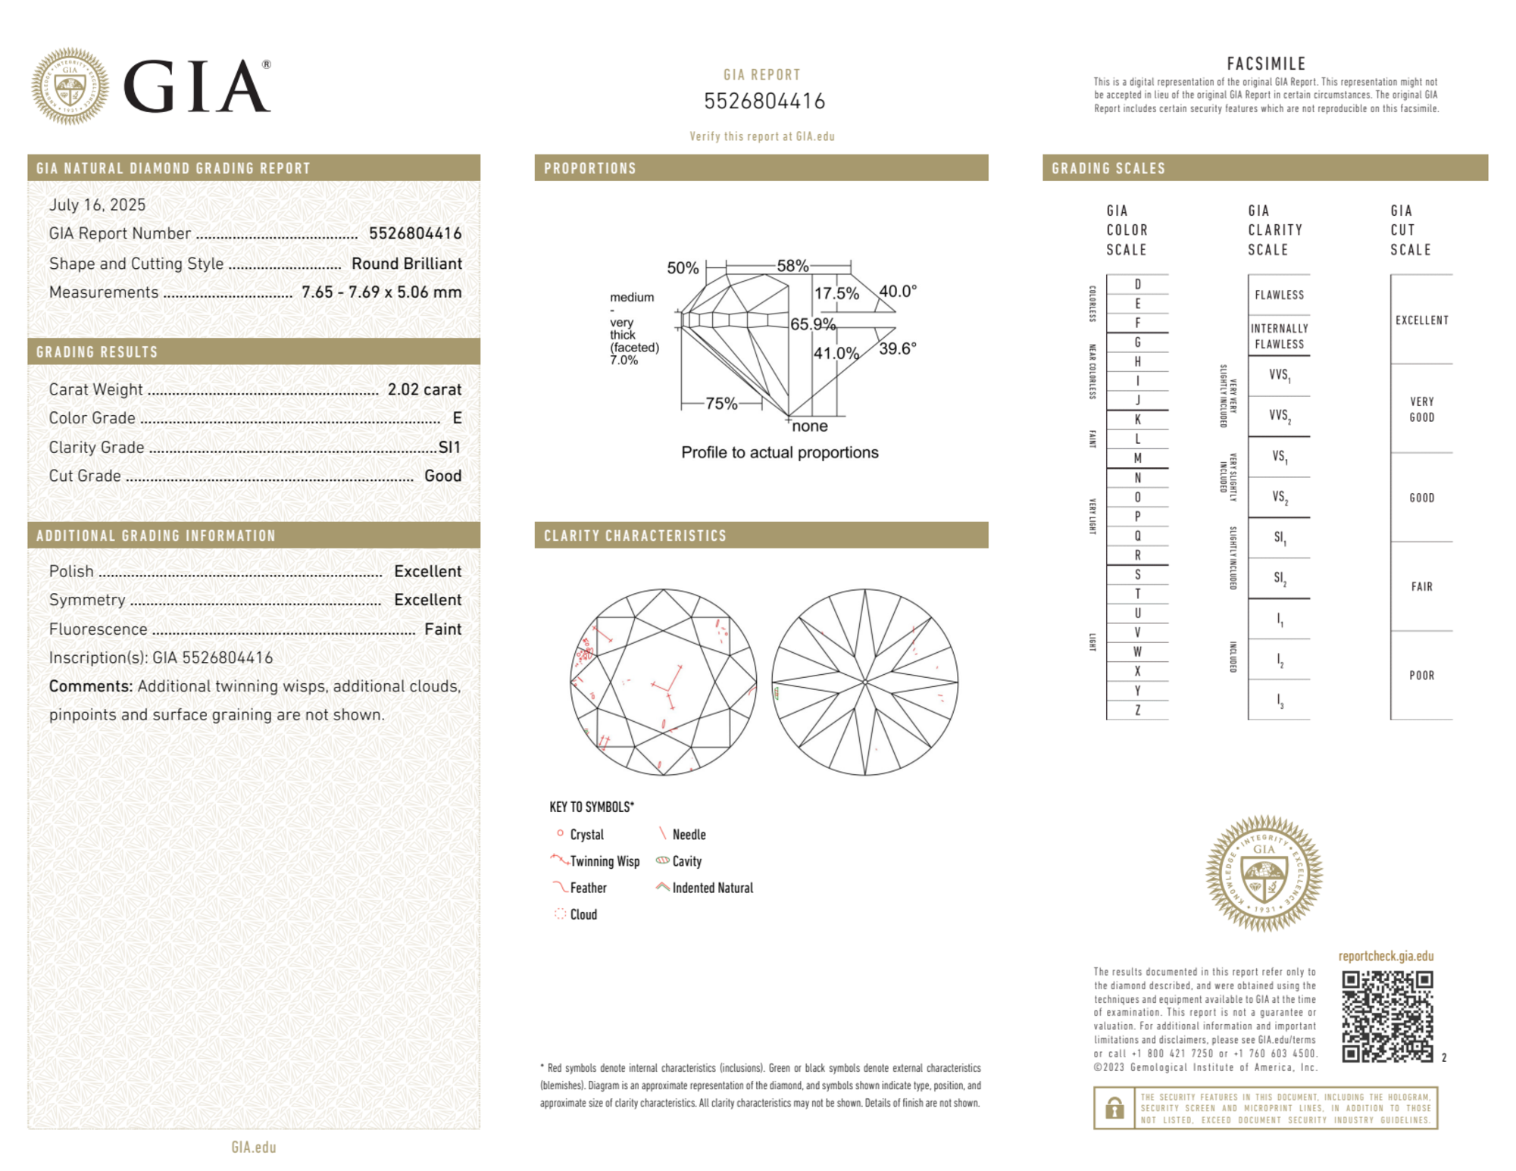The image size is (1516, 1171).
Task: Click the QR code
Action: point(1386,1016)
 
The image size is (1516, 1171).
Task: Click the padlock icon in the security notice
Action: point(1114,1108)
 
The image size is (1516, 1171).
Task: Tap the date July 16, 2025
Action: point(97,205)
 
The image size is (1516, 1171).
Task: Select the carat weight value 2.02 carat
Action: point(424,389)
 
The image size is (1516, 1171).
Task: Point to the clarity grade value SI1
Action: point(449,447)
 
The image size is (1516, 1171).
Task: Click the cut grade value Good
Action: point(442,476)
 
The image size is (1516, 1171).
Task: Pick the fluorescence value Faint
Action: point(442,629)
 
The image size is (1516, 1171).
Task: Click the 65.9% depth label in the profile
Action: point(812,324)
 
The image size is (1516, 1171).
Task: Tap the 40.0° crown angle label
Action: point(898,291)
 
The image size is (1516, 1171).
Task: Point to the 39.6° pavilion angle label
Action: point(898,348)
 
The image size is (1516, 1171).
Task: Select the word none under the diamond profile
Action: point(809,426)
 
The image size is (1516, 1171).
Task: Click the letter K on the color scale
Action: point(1137,420)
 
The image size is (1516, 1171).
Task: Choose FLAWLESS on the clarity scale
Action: point(1279,295)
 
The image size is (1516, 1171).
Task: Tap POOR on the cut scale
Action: point(1421,675)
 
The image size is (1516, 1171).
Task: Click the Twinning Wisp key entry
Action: point(604,861)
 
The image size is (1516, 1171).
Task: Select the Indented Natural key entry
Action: point(711,888)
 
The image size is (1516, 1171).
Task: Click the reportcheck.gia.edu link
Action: point(1386,956)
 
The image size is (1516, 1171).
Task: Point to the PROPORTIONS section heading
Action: point(590,168)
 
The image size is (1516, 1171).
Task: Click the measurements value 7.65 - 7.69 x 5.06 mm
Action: point(381,292)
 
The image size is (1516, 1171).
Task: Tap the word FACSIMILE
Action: point(1266,64)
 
